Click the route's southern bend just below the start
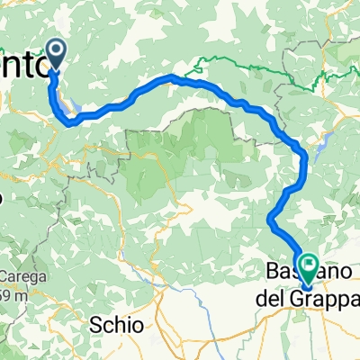[67, 121]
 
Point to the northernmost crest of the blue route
[175, 79]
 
